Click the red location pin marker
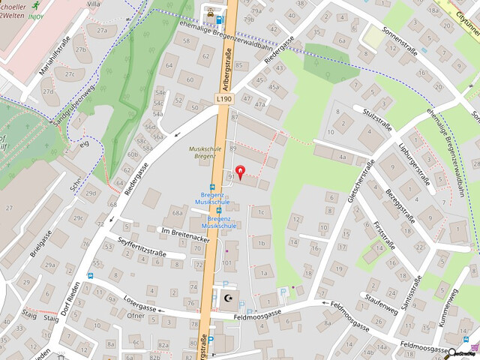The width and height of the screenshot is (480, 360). pos(240,172)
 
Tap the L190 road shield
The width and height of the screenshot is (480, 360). pos(223,98)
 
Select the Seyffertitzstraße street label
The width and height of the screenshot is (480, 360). pos(142,246)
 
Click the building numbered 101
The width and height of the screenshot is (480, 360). pos(226,263)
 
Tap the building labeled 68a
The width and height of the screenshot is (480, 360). pos(178,213)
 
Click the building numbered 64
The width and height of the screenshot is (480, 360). pos(169,65)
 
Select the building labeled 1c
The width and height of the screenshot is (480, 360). pos(260,212)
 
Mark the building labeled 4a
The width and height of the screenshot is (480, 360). pos(342,157)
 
